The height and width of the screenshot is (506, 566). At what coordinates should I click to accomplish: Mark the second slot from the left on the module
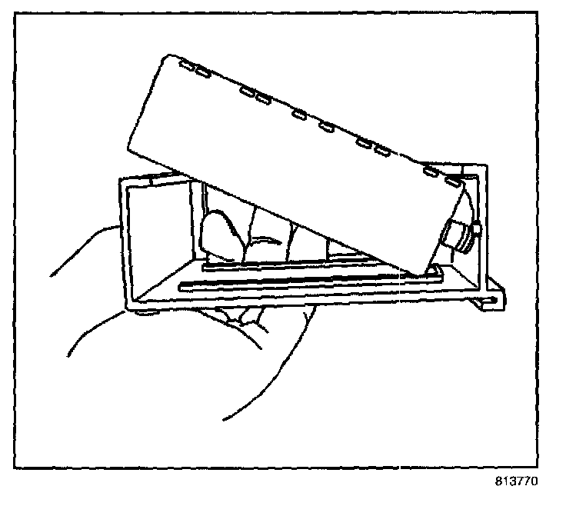(x=203, y=74)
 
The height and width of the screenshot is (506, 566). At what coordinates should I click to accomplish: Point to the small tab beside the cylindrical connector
(x=477, y=228)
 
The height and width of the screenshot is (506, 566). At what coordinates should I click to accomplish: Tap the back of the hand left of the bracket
(x=77, y=269)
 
